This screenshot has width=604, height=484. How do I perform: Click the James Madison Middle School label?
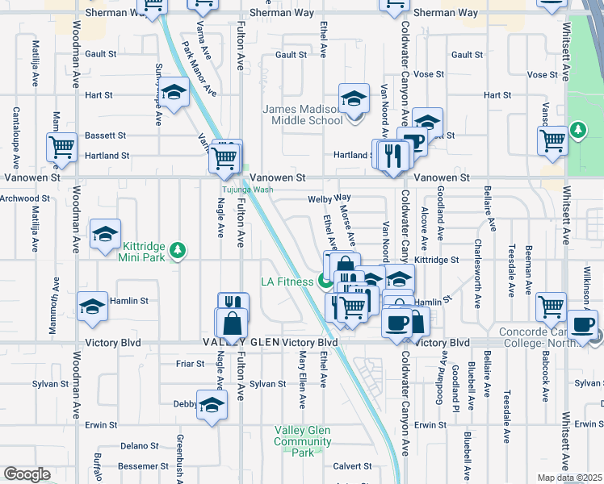pyautogui.click(x=303, y=115)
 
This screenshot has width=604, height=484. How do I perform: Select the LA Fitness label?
pyautogui.click(x=287, y=282)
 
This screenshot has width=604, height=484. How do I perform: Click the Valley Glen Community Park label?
pyautogui.click(x=302, y=441)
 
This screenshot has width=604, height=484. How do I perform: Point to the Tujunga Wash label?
pyautogui.click(x=248, y=190)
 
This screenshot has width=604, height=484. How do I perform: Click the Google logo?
pyautogui.click(x=27, y=474)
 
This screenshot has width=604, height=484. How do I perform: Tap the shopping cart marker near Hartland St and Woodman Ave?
pyautogui.click(x=61, y=148)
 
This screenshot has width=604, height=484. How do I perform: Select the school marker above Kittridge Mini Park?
pyautogui.click(x=105, y=235)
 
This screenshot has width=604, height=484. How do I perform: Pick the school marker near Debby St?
pyautogui.click(x=212, y=404)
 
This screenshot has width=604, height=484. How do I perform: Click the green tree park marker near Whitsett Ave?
pyautogui.click(x=577, y=130)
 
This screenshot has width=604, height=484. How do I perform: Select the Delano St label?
pyautogui.click(x=139, y=445)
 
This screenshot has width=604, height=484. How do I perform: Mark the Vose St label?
pyautogui.click(x=536, y=74)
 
